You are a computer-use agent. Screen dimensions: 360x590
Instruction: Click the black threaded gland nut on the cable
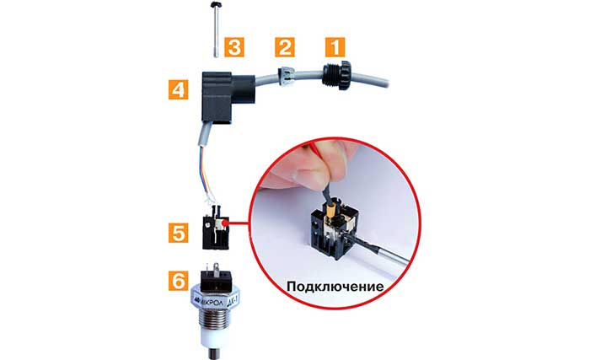coord(327,77)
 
